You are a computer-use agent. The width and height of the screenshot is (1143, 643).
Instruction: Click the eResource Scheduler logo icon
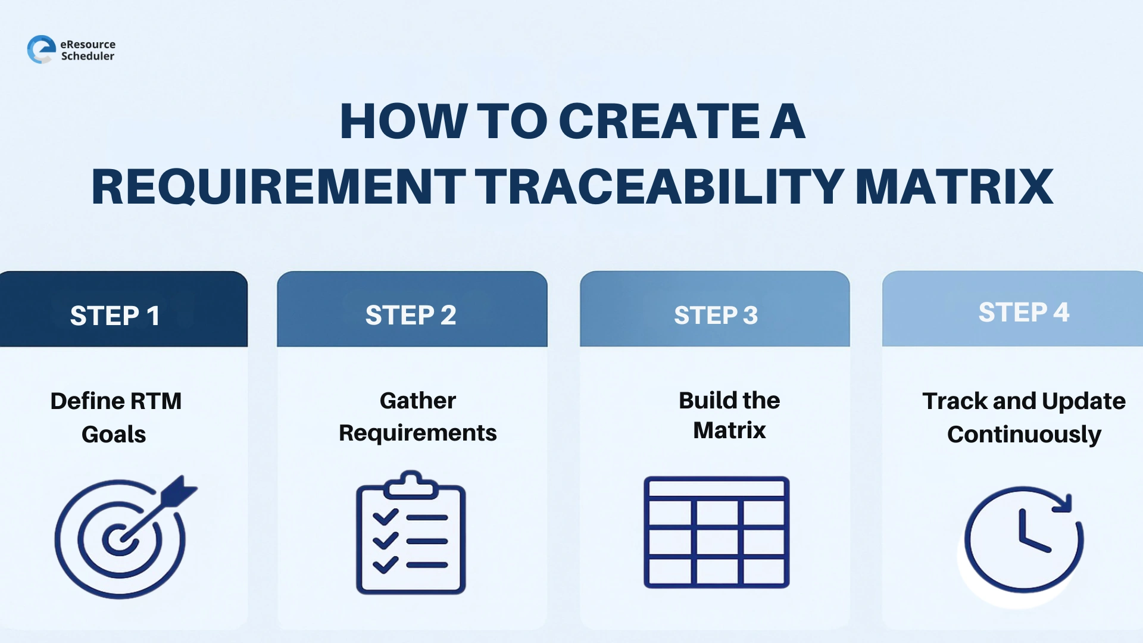click(41, 49)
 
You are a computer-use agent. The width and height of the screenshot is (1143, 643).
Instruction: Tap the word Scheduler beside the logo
click(88, 56)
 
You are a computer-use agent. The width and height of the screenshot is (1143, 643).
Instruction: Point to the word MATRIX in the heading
click(954, 187)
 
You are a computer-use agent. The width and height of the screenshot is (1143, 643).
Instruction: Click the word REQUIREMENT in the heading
click(278, 187)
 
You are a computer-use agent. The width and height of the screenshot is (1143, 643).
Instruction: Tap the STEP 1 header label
click(115, 316)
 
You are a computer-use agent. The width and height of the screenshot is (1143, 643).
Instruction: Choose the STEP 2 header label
click(411, 315)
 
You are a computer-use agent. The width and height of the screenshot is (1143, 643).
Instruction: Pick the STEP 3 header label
click(716, 315)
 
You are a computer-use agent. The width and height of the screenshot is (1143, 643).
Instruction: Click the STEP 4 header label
click(1024, 312)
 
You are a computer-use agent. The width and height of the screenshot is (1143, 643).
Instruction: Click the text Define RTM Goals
click(115, 417)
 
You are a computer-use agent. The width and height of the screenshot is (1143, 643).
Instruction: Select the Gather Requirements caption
click(417, 417)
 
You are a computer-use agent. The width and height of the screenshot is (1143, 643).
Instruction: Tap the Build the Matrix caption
click(729, 415)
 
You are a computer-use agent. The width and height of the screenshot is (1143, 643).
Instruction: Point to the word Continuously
click(1024, 435)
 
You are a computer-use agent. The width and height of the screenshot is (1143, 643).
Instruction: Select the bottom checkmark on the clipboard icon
click(385, 564)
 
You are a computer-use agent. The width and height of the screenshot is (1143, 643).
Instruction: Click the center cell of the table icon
click(717, 542)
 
